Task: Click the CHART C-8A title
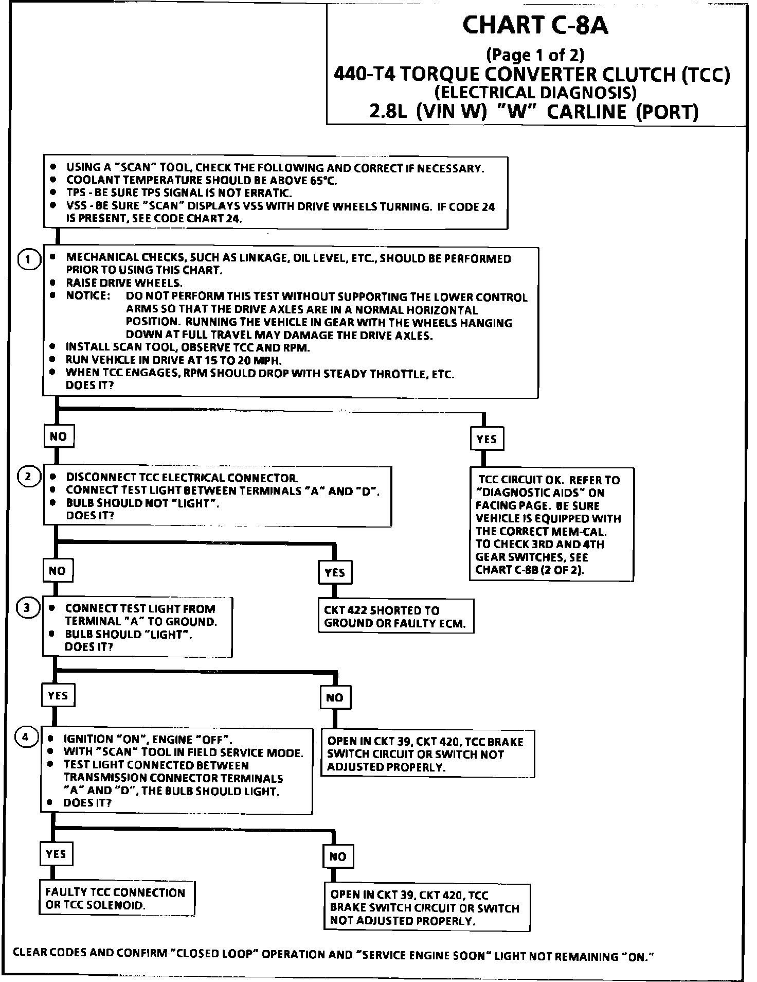tap(535, 26)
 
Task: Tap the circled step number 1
tap(29, 260)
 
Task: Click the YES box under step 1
tap(486, 439)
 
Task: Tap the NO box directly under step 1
tap(58, 436)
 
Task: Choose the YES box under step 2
tap(335, 572)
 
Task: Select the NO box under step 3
tap(334, 697)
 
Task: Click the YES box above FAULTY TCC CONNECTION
tap(56, 854)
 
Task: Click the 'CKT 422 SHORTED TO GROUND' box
tap(395, 617)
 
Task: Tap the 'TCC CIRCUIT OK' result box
tap(551, 524)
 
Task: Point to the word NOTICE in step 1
tap(88, 296)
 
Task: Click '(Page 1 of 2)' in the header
tap(535, 55)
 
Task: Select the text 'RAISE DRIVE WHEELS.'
tap(124, 283)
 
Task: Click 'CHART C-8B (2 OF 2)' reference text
tap(530, 570)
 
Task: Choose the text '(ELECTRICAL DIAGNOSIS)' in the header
tap(535, 93)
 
